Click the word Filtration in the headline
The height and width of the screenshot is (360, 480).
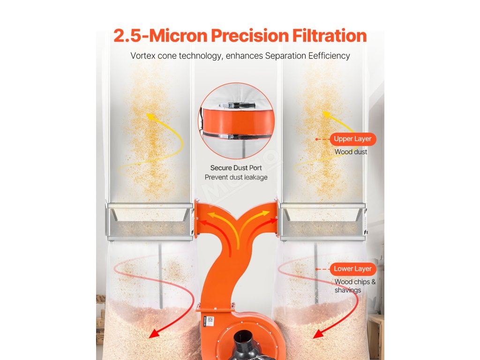pos(330,36)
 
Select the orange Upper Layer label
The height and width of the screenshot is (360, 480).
pos(352,139)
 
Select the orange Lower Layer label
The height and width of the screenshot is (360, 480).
pos(352,269)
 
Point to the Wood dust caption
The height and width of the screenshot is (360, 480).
pos(351,152)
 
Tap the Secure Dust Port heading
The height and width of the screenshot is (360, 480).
pos(236,168)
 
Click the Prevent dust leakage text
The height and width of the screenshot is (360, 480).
pos(236,177)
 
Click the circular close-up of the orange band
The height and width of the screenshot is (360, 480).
pos(236,120)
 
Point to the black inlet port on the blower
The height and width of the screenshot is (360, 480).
pos(248,347)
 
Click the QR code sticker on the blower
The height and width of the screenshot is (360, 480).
pos(210,320)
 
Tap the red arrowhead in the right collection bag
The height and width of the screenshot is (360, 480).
pos(318,334)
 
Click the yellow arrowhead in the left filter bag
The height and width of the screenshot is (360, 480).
pos(150,117)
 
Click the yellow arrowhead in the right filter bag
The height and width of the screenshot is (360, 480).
pos(327,114)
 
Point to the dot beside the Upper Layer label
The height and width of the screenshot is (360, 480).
pos(317,139)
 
